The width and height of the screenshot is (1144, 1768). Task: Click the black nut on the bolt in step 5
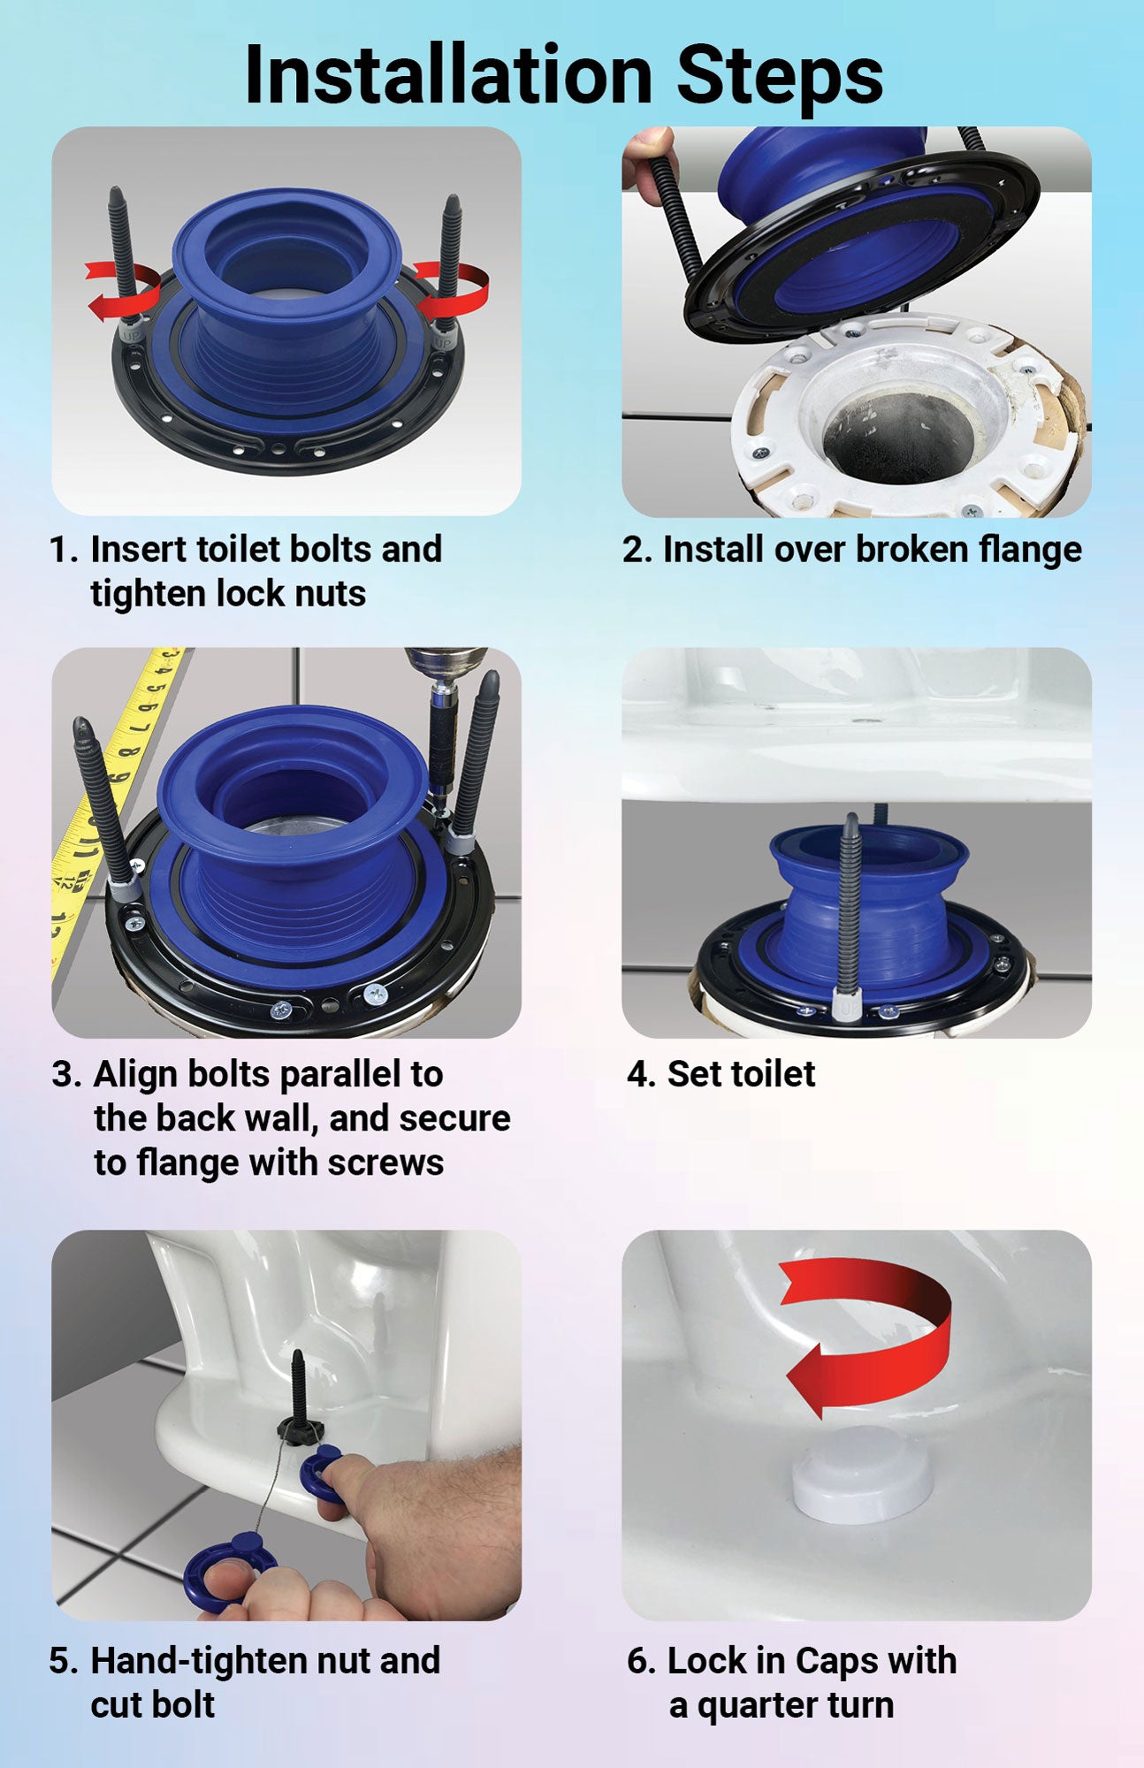(x=297, y=1426)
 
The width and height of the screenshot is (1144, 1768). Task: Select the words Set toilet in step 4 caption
(x=741, y=1074)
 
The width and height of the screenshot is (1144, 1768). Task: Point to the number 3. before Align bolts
(x=67, y=1075)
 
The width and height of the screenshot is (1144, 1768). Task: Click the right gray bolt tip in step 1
(x=452, y=206)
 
